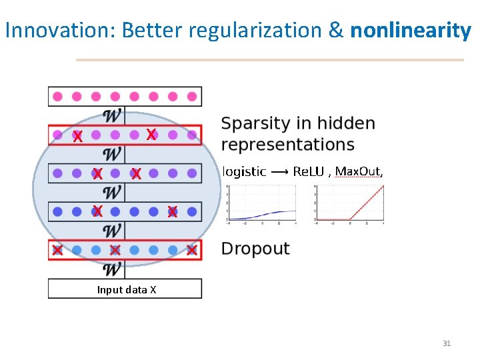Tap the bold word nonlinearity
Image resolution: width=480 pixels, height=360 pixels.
[411, 30]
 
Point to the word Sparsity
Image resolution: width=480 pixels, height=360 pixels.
[257, 124]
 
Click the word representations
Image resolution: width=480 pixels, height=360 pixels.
[287, 145]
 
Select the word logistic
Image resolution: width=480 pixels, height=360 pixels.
[243, 171]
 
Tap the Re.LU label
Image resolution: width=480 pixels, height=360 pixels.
[308, 171]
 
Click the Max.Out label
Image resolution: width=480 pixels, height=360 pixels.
[358, 171]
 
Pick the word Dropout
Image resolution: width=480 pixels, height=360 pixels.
[255, 249]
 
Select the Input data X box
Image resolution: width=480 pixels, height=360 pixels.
[125, 289]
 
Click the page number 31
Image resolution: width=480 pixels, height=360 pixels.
[447, 343]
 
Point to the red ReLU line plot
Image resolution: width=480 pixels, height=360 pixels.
[350, 203]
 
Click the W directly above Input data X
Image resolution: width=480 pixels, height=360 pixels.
[113, 269]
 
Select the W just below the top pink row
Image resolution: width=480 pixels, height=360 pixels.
[113, 115]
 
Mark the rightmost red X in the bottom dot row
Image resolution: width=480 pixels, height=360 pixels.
[192, 251]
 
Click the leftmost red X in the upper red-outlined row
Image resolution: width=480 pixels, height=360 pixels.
[77, 137]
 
